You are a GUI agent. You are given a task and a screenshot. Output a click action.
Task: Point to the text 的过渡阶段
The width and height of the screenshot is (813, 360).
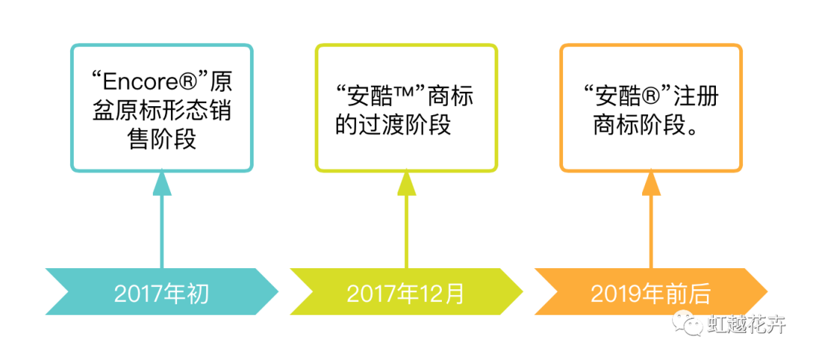point(393,125)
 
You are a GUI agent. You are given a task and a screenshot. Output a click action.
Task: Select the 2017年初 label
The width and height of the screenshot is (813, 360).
point(161,293)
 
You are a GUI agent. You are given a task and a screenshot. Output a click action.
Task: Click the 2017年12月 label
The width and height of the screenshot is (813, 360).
point(406,293)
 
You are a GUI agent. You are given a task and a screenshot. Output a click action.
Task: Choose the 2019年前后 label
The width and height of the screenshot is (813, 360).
point(650,293)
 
